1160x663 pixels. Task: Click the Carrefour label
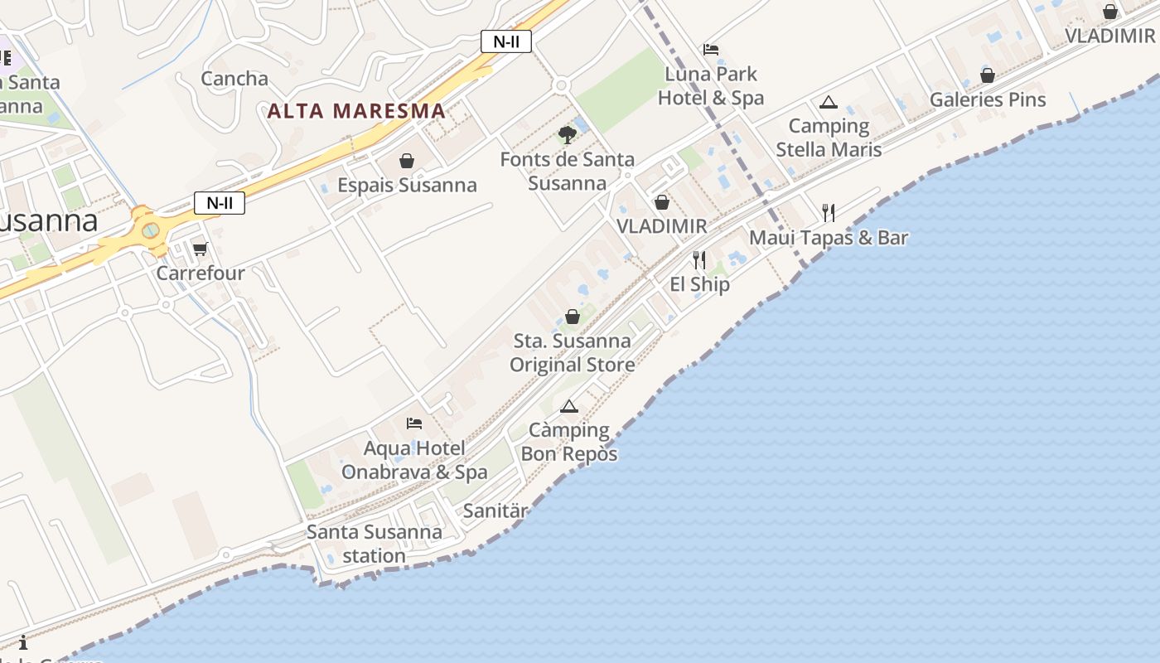[x=201, y=273]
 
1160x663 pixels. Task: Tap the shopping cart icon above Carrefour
[x=200, y=249]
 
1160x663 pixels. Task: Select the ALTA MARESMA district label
[x=356, y=110]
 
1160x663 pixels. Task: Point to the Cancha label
[x=234, y=79]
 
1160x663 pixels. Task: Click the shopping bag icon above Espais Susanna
[x=407, y=161]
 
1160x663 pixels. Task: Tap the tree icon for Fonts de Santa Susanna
[x=567, y=134]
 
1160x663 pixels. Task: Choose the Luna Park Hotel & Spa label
[x=711, y=86]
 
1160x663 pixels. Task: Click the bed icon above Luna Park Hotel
[x=711, y=50]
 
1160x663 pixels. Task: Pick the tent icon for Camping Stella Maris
[x=828, y=103]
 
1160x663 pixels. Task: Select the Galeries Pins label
[x=988, y=99]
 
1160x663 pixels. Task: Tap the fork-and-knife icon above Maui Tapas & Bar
[x=829, y=213]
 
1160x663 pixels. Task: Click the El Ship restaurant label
[x=700, y=284]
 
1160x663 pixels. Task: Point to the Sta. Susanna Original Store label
[x=572, y=353]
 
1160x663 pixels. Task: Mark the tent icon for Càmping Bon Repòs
[x=568, y=406]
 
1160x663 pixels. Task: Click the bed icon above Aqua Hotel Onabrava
[x=414, y=423]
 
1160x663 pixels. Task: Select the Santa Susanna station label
[x=375, y=544]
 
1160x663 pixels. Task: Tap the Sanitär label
[x=495, y=511]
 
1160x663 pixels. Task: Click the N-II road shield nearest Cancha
[x=506, y=41]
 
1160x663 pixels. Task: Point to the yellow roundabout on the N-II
[x=150, y=230]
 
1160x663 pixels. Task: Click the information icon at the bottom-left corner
[x=23, y=642]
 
